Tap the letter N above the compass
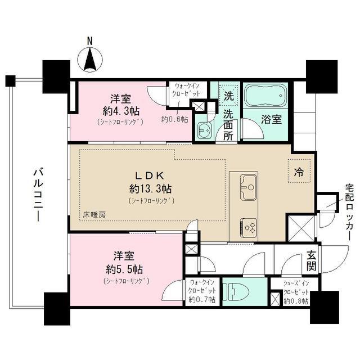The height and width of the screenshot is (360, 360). point(90,41)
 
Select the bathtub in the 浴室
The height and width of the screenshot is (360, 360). point(265,95)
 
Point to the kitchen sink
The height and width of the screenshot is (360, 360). point(248,187)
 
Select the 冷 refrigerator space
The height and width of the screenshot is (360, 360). point(299,171)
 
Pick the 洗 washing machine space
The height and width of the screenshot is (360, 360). point(228,96)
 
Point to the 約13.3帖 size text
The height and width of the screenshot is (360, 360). point(150,189)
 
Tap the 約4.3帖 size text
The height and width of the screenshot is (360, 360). point(121,111)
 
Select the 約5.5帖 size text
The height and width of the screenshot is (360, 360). point(124,269)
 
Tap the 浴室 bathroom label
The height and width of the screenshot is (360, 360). point(271,119)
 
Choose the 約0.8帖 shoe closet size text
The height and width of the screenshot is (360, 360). point(296,301)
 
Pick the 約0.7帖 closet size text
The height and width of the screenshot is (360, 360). point(202,299)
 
